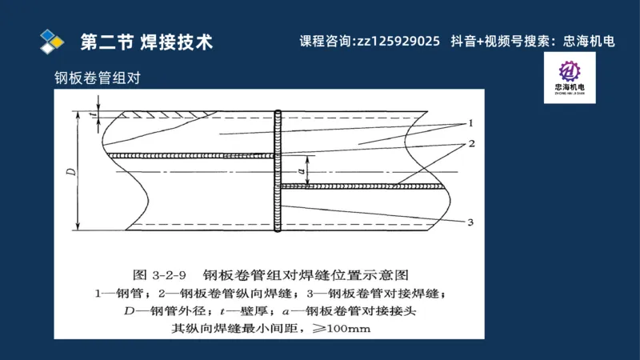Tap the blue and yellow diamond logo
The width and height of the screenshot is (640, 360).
coord(52,40)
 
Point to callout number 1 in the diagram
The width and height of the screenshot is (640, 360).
coord(472,123)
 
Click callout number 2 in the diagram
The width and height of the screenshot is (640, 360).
coord(472,144)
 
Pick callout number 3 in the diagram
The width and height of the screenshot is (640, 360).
coord(472,222)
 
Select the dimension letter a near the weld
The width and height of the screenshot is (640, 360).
coord(301,170)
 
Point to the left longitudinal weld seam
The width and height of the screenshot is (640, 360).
coord(192,155)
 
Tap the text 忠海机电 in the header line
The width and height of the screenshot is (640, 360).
coord(589,42)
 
